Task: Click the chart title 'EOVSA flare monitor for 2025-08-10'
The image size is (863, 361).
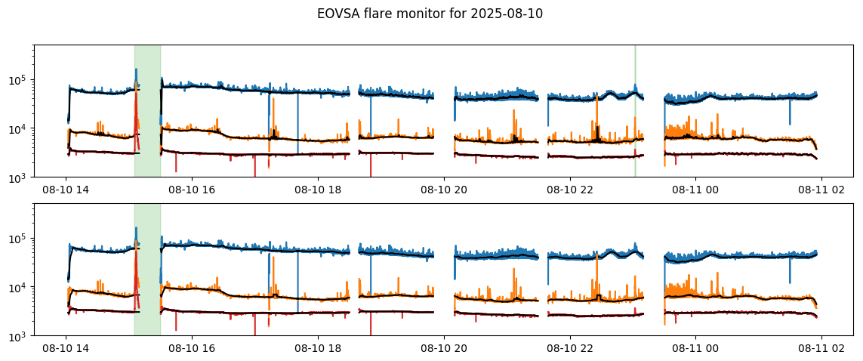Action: pyautogui.click(x=430, y=14)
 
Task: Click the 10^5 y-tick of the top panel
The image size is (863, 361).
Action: pyautogui.click(x=20, y=80)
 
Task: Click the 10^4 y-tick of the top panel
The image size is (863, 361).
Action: pyautogui.click(x=20, y=129)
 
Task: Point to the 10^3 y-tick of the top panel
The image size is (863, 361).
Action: pyautogui.click(x=20, y=177)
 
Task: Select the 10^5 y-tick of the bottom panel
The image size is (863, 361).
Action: pyautogui.click(x=20, y=239)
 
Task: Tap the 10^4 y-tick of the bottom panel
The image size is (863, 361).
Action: pyautogui.click(x=20, y=288)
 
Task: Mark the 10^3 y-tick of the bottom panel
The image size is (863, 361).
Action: pyautogui.click(x=20, y=336)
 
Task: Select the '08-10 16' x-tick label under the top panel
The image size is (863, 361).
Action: pyautogui.click(x=192, y=190)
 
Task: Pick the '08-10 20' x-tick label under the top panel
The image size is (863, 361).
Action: pyautogui.click(x=444, y=190)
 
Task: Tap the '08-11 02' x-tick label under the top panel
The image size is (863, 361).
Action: pyautogui.click(x=822, y=190)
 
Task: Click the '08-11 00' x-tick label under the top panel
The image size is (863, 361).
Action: pyautogui.click(x=696, y=190)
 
